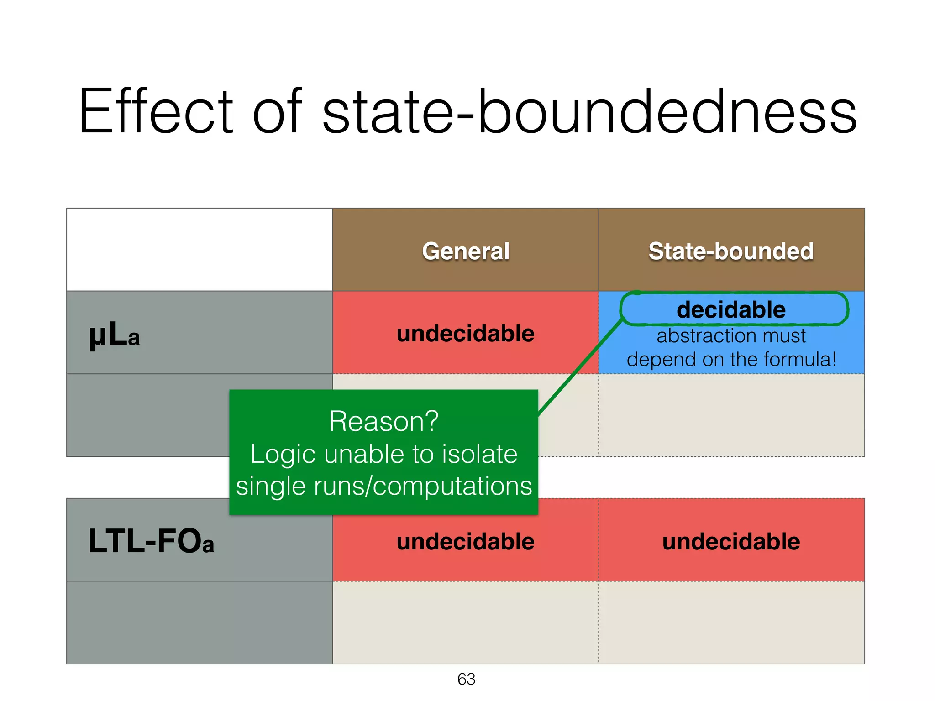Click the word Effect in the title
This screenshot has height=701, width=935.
click(x=156, y=112)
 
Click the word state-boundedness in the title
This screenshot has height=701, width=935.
click(x=589, y=112)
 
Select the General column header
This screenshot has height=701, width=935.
click(x=465, y=251)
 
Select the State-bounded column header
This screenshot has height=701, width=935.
click(x=731, y=251)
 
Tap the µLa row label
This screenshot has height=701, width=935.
click(x=114, y=335)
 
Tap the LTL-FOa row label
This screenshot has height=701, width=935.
click(x=151, y=542)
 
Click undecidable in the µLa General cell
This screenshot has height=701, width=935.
click(x=465, y=334)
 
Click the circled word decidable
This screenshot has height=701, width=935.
click(x=731, y=310)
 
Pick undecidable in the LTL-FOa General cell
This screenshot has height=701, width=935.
click(x=465, y=542)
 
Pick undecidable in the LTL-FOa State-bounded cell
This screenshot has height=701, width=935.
click(x=731, y=542)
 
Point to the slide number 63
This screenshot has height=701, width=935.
click(x=466, y=679)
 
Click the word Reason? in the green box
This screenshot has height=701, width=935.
click(x=383, y=421)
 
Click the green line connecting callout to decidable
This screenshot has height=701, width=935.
click(x=580, y=367)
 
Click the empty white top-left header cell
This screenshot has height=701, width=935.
click(x=200, y=250)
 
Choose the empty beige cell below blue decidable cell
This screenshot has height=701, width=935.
click(x=731, y=415)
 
